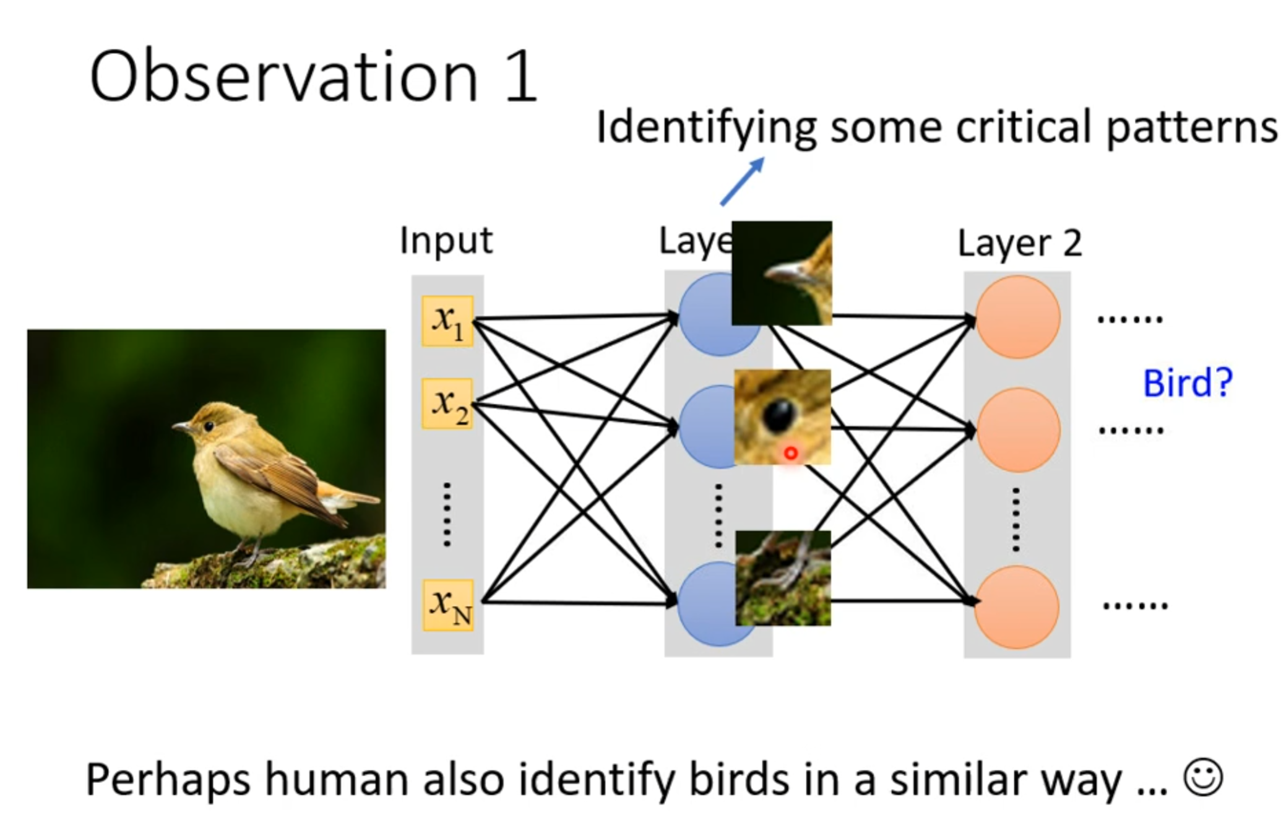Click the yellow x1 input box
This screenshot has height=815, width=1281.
[447, 321]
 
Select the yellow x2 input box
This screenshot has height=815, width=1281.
[447, 403]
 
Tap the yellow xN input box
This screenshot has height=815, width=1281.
[449, 605]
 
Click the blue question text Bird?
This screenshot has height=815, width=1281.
[1187, 383]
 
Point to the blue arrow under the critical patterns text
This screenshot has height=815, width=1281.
[742, 181]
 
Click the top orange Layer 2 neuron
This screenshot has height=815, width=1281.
[1017, 317]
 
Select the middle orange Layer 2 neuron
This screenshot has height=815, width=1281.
[1017, 430]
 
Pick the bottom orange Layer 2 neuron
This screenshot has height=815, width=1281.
[1017, 607]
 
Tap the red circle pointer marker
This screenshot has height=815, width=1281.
[790, 454]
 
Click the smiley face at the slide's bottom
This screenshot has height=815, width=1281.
[1202, 777]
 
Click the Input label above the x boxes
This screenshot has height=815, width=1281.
[446, 240]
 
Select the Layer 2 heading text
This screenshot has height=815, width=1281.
[1019, 243]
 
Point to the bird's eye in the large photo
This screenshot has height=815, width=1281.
[209, 426]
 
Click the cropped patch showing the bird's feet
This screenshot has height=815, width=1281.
[783, 578]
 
